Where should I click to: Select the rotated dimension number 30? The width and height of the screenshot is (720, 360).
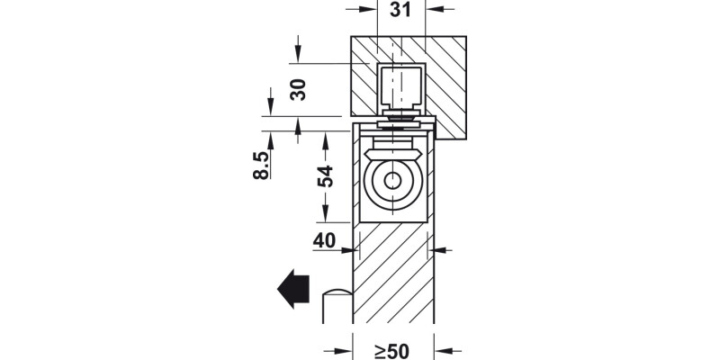(x=298, y=88)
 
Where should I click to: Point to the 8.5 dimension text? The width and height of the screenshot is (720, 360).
(x=261, y=166)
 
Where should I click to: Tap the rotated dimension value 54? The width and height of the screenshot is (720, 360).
(x=326, y=175)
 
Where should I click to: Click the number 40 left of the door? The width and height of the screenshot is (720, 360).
(x=324, y=240)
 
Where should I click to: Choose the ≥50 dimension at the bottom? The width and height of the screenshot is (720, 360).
(x=392, y=351)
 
